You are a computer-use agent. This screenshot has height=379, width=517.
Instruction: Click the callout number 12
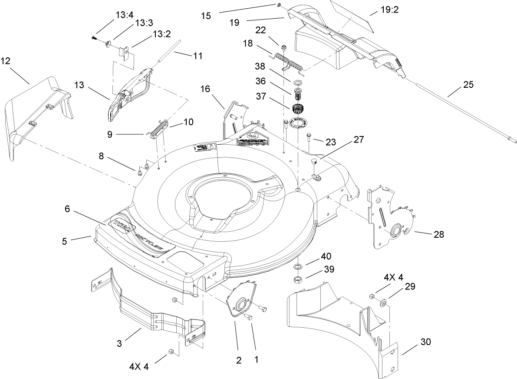[6, 62]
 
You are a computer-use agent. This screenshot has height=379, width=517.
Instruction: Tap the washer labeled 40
[299, 266]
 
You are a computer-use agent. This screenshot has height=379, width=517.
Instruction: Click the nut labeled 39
[299, 279]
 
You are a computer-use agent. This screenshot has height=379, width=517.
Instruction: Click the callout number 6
[67, 209]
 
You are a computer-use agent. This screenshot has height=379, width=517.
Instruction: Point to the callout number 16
[205, 89]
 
